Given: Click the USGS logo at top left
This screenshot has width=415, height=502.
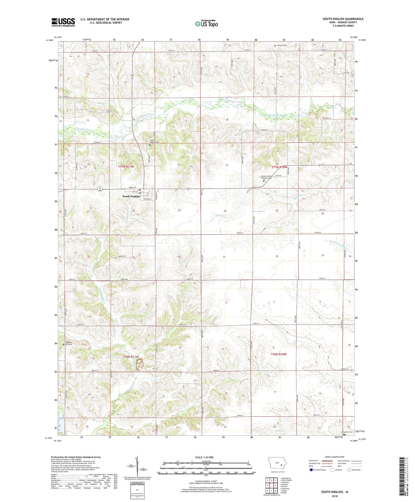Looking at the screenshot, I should tap(63, 22).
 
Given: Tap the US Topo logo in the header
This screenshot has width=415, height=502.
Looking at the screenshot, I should tap(206, 24).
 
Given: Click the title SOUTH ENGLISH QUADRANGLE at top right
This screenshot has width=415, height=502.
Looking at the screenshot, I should tap(343, 19).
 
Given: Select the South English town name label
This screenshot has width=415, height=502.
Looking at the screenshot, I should tap(131, 196).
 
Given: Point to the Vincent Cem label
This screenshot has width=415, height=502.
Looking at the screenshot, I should tap(281, 45).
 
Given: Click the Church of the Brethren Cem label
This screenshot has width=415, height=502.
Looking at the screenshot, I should tap(266, 177).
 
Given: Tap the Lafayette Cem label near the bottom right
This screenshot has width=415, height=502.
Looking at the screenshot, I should tap(347, 432).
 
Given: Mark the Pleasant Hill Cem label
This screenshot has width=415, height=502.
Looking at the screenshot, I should tap(68, 343).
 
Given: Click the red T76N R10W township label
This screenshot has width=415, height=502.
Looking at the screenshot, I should tap(279, 354).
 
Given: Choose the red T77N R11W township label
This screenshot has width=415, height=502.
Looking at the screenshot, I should tap(126, 167).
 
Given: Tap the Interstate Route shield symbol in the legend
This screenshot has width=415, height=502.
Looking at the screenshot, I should tap(312, 470).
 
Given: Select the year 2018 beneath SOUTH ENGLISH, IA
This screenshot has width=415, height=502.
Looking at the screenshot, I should tap(334, 496).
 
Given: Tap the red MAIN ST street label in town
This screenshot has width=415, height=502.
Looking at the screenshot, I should tap(124, 187).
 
